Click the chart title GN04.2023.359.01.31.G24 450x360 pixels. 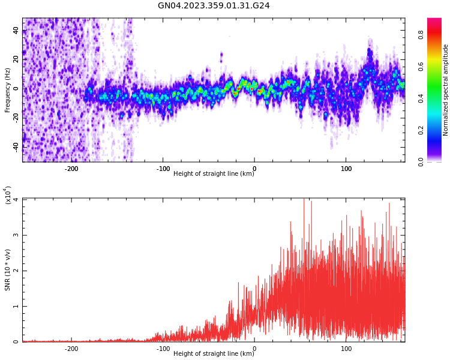point(214,6)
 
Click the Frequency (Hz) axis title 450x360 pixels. point(8,90)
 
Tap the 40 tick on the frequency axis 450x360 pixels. point(16,31)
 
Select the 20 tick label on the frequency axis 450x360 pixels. point(16,60)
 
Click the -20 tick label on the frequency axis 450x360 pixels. point(14,118)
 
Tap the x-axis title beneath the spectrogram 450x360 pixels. point(214,174)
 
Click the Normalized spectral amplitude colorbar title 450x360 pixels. point(446,90)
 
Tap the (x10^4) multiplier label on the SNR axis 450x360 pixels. point(8,195)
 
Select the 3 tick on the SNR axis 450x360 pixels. point(16,235)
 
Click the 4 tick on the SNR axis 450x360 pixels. point(16,200)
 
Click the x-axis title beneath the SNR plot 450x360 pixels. point(214,354)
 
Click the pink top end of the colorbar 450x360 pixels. point(434,21)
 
